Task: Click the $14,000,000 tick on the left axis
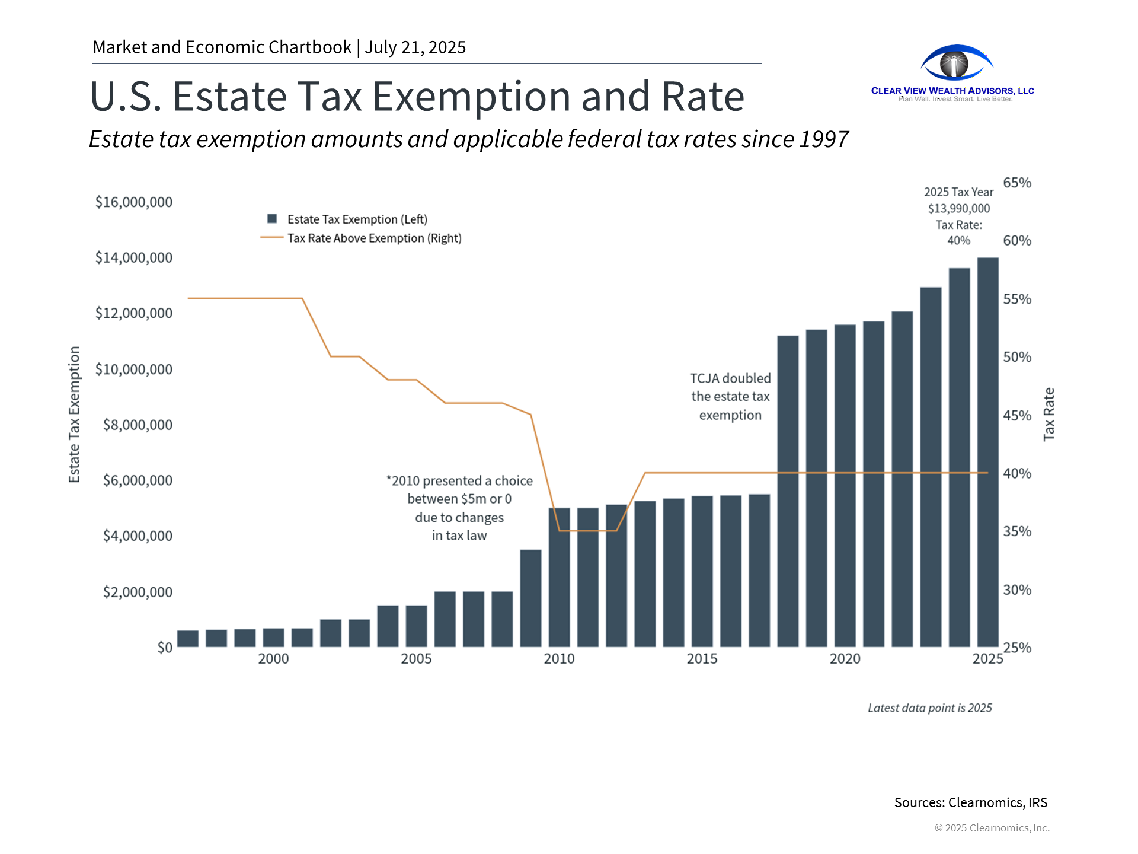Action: click(x=134, y=257)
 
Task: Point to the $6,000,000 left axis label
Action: click(x=138, y=480)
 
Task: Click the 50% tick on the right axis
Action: click(x=1017, y=357)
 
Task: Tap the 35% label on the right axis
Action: click(x=1017, y=531)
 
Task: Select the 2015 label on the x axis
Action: click(x=702, y=659)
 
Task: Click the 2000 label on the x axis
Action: click(x=273, y=659)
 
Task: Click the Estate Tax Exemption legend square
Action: click(x=272, y=219)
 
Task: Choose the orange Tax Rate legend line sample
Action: click(x=271, y=238)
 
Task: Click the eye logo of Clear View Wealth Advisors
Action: click(x=955, y=63)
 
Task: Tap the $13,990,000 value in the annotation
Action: click(x=958, y=209)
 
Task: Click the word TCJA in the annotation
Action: click(x=704, y=378)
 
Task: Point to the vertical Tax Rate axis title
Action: click(x=1049, y=414)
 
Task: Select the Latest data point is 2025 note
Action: click(x=929, y=708)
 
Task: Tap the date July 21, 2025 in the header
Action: click(x=415, y=47)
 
